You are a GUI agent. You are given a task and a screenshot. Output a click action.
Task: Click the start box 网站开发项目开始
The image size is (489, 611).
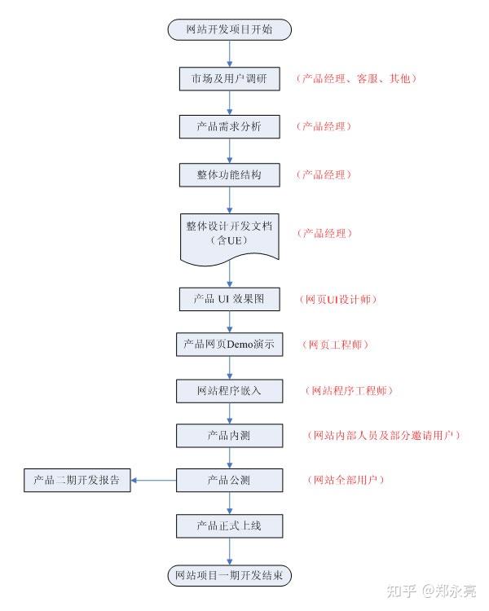(x=229, y=29)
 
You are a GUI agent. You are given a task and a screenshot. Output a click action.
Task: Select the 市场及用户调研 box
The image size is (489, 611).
(x=229, y=79)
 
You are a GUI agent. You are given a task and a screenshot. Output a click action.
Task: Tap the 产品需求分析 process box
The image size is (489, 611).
(x=229, y=126)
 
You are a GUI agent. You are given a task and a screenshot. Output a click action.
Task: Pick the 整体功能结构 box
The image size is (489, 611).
(x=229, y=175)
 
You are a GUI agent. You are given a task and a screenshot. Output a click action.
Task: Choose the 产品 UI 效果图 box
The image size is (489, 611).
(x=229, y=299)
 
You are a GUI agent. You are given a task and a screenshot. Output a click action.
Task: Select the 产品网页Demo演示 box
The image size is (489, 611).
(x=229, y=344)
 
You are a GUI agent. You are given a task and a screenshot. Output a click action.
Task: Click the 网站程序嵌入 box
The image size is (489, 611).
(x=229, y=391)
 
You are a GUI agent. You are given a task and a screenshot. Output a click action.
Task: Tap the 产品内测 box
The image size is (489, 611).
(x=229, y=436)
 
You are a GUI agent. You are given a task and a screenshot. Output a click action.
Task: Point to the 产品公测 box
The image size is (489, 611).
(x=229, y=480)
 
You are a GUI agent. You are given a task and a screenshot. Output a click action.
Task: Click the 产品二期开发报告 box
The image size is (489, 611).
(x=77, y=480)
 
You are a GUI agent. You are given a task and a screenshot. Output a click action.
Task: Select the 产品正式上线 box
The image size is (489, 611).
(x=229, y=526)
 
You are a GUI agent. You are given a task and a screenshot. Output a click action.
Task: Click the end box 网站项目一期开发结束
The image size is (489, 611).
(x=229, y=575)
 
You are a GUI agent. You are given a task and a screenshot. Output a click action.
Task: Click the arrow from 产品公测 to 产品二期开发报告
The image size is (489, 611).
(x=154, y=480)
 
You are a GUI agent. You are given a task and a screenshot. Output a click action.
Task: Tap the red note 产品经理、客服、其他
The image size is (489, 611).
(x=356, y=79)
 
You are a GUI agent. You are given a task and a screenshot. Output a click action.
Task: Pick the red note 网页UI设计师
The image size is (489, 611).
(x=338, y=299)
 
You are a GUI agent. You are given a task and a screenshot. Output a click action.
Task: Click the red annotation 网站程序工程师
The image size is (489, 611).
(x=349, y=390)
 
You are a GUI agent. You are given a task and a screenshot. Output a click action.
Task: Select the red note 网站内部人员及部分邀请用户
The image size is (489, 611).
(x=384, y=435)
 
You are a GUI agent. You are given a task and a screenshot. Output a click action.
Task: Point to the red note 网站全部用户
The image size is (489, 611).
(x=346, y=480)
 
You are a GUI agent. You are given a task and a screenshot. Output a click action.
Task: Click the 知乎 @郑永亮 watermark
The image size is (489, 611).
(x=431, y=591)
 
